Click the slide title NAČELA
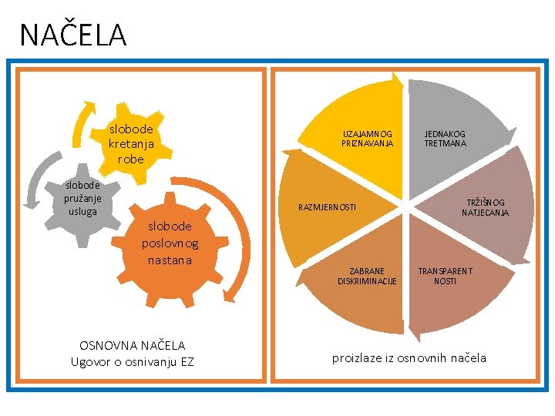click(72, 35)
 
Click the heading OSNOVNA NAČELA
click(133, 345)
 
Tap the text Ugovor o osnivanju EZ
click(133, 361)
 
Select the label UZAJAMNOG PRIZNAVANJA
click(367, 139)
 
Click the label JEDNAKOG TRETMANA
click(445, 139)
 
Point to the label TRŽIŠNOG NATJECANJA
click(485, 207)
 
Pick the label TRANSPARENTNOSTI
click(445, 276)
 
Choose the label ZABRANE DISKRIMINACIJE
click(367, 276)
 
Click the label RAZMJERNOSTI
click(328, 207)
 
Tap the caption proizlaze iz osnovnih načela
click(409, 357)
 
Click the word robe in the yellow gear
click(131, 159)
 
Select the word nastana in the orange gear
click(170, 260)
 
